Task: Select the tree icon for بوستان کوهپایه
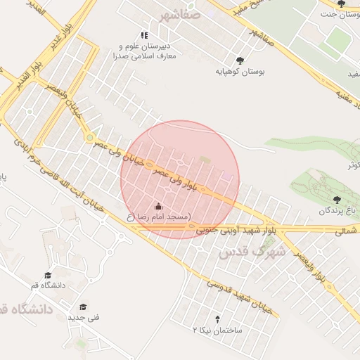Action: point(240,60)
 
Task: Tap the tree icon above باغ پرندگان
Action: point(345,199)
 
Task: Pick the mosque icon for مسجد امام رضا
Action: point(158,207)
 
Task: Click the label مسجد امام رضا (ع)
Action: point(158,217)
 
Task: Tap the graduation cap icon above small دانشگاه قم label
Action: point(48,276)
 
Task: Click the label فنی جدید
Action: point(83,317)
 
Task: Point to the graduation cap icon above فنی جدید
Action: point(83,307)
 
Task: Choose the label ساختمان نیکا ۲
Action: point(217,330)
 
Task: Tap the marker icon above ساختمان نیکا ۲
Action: point(217,319)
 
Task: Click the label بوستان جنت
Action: point(335,14)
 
